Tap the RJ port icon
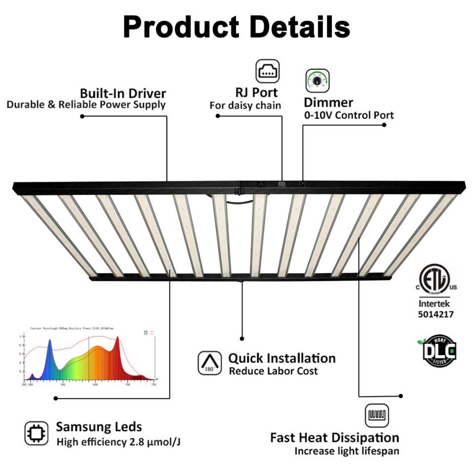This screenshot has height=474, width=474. pyautogui.click(x=268, y=71)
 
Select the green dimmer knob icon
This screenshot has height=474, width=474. pyautogui.click(x=317, y=81)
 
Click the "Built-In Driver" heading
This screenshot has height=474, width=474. pyautogui.click(x=123, y=93)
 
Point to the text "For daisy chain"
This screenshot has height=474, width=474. pyautogui.click(x=245, y=105)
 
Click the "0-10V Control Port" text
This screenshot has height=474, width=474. pyautogui.click(x=349, y=115)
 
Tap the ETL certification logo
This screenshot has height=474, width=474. pyautogui.click(x=434, y=279)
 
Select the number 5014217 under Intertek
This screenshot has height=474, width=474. pyautogui.click(x=435, y=314)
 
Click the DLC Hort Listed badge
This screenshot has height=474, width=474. pyautogui.click(x=439, y=351)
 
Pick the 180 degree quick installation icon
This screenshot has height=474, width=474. pyautogui.click(x=209, y=363)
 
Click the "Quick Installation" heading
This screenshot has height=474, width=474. pyautogui.click(x=281, y=358)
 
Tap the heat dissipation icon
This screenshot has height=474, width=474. pyautogui.click(x=377, y=415)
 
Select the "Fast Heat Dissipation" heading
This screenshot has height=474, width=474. pyautogui.click(x=334, y=437)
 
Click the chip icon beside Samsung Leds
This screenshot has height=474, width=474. pyautogui.click(x=37, y=433)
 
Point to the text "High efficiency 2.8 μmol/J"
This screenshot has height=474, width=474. pyautogui.click(x=118, y=442)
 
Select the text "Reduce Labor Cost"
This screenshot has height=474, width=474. pyautogui.click(x=273, y=371)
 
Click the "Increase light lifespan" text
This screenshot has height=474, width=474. pyautogui.click(x=347, y=451)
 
